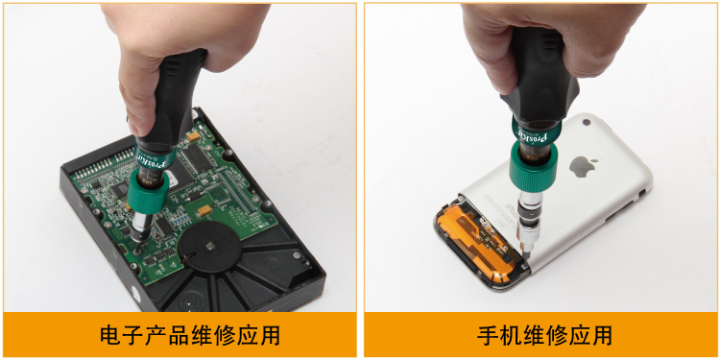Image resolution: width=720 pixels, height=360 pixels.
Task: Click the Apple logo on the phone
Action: coord(583,166)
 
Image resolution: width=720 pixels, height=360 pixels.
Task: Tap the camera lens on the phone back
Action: coord(586,123)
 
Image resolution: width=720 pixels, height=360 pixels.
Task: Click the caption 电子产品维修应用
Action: coord(190,335)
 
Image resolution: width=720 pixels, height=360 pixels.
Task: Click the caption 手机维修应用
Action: coord(544,335)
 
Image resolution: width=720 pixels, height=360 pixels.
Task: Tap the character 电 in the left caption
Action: coord(110,335)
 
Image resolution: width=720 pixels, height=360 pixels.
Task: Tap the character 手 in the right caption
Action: coord(488,335)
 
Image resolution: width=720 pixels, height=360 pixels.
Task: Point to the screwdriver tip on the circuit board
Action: coord(138,249)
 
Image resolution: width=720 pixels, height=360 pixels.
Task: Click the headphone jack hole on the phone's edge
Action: coord(641,194)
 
